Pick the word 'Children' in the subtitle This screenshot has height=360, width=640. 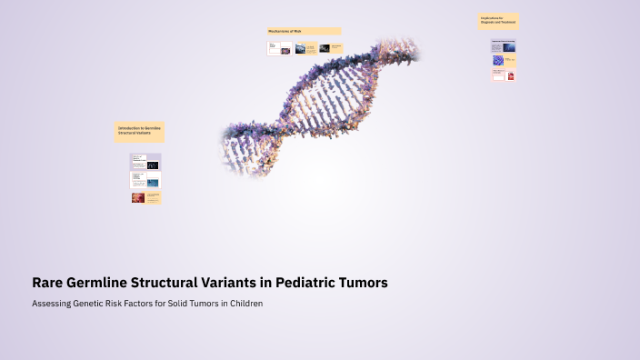pos(244,304)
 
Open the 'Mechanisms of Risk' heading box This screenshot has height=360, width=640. pos(304,31)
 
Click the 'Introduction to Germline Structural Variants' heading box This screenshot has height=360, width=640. pos(139,132)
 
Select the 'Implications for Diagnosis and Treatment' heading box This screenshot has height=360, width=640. pos(498,21)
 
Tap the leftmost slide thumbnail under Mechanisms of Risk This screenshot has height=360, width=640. pos(278,48)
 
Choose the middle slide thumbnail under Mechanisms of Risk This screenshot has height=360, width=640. pos(305,48)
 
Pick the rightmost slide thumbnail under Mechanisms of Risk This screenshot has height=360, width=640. pos(330,48)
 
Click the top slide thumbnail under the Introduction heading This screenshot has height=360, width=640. pos(145,162)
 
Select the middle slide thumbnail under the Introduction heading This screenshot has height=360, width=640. pos(145,180)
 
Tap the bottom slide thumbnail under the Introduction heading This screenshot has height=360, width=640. pos(145,197)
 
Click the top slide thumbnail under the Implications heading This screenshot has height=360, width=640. pos(504,45)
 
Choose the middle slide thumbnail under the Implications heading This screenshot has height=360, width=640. pos(504,61)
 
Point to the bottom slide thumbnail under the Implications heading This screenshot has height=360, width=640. pos(504,76)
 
